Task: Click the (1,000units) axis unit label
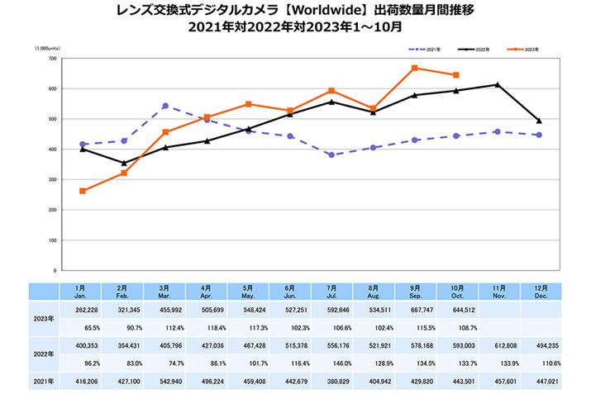click(x=47, y=50)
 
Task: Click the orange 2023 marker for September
click(x=414, y=68)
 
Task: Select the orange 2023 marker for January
click(x=83, y=191)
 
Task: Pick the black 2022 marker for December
click(x=539, y=121)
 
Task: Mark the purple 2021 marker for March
click(x=165, y=106)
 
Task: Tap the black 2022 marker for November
click(x=497, y=84)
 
